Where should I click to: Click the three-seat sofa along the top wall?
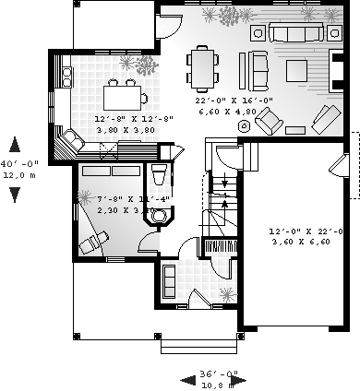point(296,35)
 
